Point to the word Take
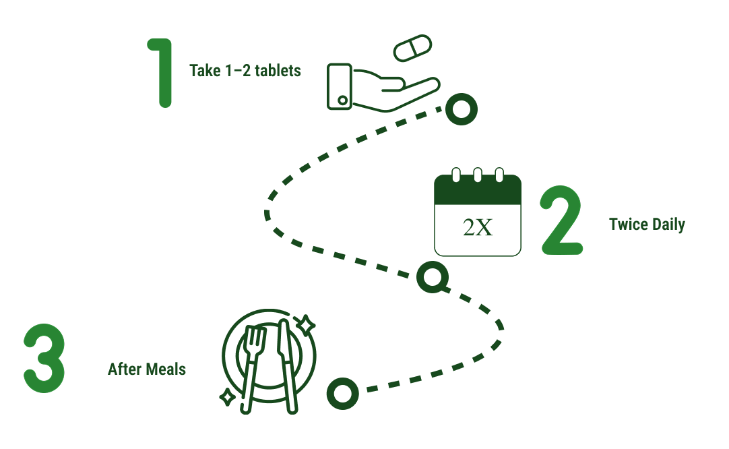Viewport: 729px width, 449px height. pos(205,71)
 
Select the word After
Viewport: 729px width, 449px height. pos(125,369)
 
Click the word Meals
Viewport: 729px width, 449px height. pos(166,369)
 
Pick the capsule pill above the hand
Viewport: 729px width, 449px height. pos(412,48)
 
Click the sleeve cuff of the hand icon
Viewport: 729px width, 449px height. pos(340,86)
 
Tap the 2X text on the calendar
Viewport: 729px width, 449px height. pos(478,227)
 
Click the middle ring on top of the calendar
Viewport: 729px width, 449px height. pos(478,175)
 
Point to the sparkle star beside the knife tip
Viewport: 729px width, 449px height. pos(306,325)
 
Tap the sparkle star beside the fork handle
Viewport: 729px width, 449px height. pos(227,397)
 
